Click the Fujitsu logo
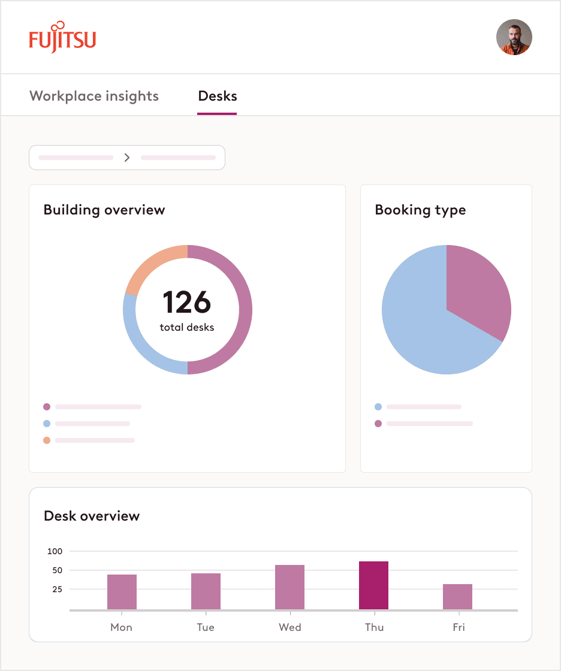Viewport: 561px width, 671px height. (62, 38)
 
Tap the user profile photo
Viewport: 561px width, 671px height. (514, 37)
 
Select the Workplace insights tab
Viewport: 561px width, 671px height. (94, 96)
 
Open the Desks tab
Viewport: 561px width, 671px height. (218, 96)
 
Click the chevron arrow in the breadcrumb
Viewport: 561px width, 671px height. (127, 158)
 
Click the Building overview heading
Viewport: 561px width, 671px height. (104, 210)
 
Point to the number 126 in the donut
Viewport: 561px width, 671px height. (187, 303)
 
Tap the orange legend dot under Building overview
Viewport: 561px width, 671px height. (47, 440)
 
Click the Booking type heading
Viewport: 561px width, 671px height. (420, 210)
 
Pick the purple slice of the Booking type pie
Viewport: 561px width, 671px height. (479, 288)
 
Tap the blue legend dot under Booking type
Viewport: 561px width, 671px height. (378, 407)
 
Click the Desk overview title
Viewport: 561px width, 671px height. (92, 516)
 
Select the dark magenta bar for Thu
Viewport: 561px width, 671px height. (373, 585)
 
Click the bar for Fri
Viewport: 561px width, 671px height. (457, 597)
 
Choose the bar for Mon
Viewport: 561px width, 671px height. (122, 592)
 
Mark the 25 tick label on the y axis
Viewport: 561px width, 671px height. (58, 590)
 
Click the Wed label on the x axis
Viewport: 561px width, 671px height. (289, 627)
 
